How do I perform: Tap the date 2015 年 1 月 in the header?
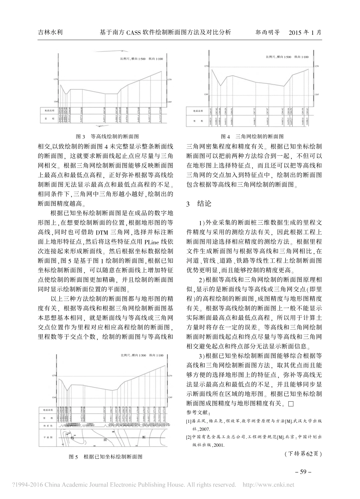tap(305, 33)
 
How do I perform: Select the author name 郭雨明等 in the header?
tap(267, 33)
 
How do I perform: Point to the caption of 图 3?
tap(107, 136)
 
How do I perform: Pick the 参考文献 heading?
tap(198, 412)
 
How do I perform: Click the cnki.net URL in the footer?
tap(268, 485)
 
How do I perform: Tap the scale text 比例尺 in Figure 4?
tap(270, 57)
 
